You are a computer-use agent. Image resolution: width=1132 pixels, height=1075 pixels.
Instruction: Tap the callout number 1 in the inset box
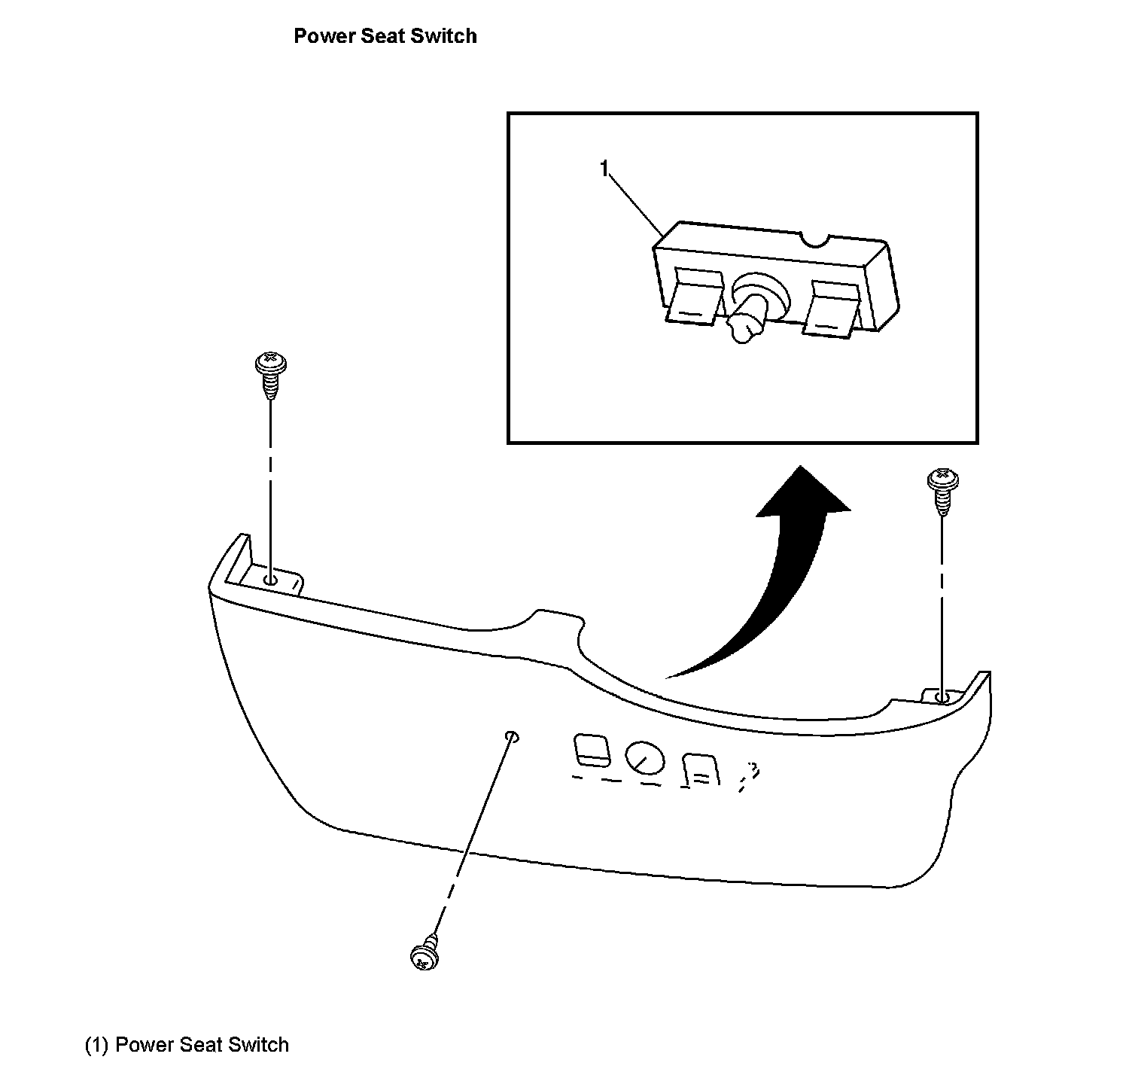tap(604, 169)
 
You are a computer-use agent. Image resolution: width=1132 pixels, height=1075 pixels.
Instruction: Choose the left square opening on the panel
tap(592, 750)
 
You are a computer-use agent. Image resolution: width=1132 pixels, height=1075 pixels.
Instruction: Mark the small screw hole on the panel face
tap(512, 735)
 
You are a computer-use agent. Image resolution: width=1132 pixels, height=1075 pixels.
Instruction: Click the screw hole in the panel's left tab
tap(270, 580)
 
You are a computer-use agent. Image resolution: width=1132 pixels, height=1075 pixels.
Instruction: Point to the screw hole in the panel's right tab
tap(941, 698)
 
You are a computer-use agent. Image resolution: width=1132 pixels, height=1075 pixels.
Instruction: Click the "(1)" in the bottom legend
tap(97, 1045)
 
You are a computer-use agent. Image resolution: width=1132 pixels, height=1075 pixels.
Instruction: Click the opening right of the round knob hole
tap(701, 770)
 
